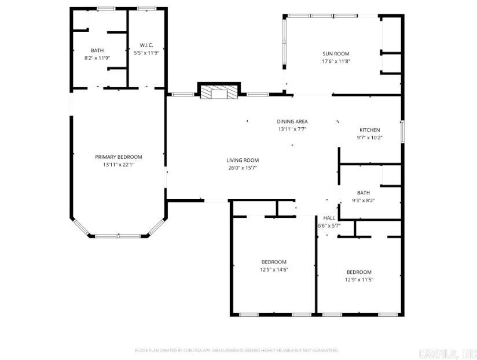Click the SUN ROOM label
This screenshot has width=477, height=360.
[336, 54]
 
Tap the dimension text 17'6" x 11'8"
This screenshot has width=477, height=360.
[336, 61]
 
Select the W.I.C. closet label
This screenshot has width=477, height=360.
[146, 45]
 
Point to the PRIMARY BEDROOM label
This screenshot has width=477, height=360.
[118, 157]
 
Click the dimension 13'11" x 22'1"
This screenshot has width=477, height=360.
[118, 164]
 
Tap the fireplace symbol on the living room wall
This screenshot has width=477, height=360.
[218, 92]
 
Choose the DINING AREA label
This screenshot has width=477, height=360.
[292, 121]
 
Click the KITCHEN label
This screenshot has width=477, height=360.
[369, 130]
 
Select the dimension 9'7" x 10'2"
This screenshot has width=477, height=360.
[369, 138]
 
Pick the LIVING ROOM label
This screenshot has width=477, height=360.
[242, 160]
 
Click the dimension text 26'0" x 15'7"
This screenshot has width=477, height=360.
[242, 168]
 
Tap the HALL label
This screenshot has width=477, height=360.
[329, 218]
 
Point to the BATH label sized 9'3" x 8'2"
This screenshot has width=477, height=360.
[363, 193]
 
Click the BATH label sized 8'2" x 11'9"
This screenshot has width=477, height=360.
[97, 50]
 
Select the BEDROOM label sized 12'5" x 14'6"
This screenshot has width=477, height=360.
[274, 262]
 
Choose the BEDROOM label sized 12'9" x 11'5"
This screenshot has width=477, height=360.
[359, 272]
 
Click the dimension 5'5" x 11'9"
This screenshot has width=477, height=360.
[146, 53]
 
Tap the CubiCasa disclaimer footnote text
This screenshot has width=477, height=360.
[236, 350]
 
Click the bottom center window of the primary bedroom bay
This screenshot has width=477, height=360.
[118, 236]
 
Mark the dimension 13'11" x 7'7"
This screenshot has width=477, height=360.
[292, 129]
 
